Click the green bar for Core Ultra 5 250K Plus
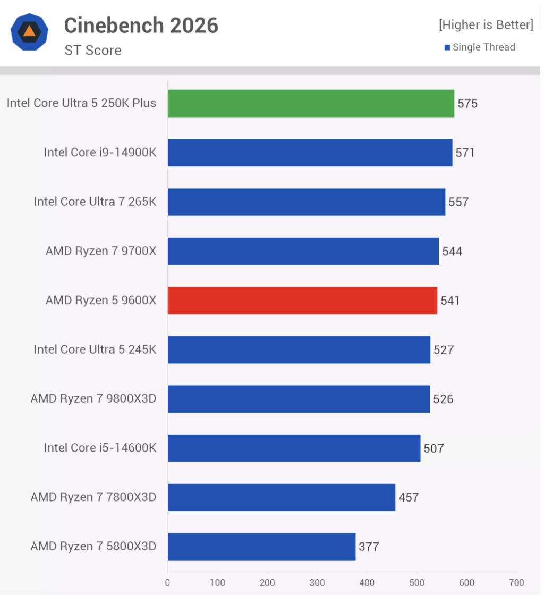pyautogui.click(x=311, y=103)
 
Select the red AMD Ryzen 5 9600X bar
pyautogui.click(x=302, y=300)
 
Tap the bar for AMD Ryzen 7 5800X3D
pyautogui.click(x=261, y=546)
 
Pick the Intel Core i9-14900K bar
pyautogui.click(x=310, y=153)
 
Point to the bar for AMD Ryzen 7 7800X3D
pyautogui.click(x=282, y=497)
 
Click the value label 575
pyautogui.click(x=467, y=104)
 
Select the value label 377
pyautogui.click(x=369, y=547)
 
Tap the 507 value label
pyautogui.click(x=433, y=448)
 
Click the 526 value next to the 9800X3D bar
pyautogui.click(x=443, y=399)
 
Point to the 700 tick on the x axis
pyautogui.click(x=516, y=582)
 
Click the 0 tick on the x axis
pyautogui.click(x=168, y=582)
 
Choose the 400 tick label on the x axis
pyautogui.click(x=367, y=582)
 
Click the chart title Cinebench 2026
pyautogui.click(x=141, y=26)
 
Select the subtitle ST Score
pyautogui.click(x=93, y=51)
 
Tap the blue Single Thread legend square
pyautogui.click(x=447, y=48)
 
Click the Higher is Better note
pyautogui.click(x=486, y=24)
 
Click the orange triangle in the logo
pyautogui.click(x=30, y=32)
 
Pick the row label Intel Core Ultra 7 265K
pyautogui.click(x=95, y=202)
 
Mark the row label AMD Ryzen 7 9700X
pyautogui.click(x=101, y=251)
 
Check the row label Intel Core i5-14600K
pyautogui.click(x=100, y=448)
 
